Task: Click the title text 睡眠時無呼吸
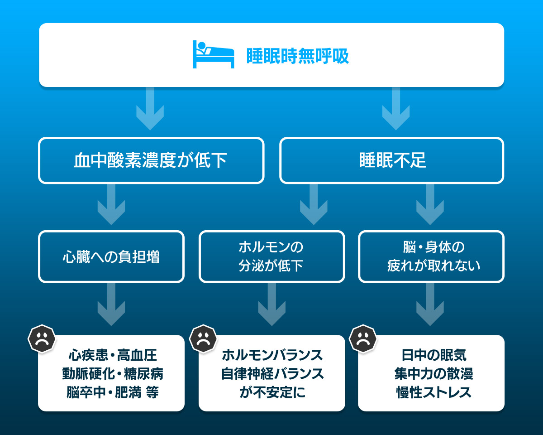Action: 298,56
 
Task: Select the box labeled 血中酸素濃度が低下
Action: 151,161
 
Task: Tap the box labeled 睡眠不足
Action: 392,161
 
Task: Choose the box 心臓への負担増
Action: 111,257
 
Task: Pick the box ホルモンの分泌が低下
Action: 271,257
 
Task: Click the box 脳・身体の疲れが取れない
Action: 431,257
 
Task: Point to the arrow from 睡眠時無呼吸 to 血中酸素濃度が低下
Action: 150,109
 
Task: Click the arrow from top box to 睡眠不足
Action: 396,109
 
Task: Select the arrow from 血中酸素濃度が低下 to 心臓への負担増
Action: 111,205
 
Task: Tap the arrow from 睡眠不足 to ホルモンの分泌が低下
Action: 314,205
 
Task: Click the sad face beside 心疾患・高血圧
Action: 42,338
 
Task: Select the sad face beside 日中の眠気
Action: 363,338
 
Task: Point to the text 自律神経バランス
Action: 272,374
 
